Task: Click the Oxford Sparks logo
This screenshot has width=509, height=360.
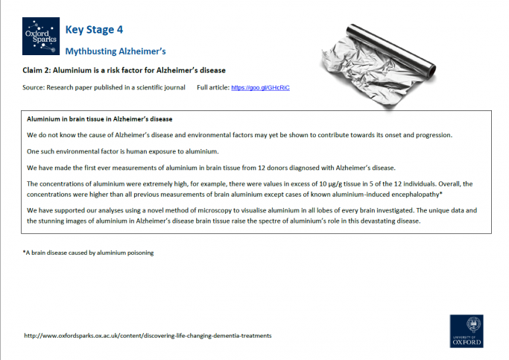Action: coord(40,37)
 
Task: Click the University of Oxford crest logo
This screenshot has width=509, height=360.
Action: coord(466,331)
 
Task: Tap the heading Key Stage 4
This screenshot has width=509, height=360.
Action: coord(94,30)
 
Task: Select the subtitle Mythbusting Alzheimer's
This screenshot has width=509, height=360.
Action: coord(115,51)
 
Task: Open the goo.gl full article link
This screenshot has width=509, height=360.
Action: coord(260,88)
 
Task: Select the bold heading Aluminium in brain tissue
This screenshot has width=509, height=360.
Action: coord(100,119)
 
